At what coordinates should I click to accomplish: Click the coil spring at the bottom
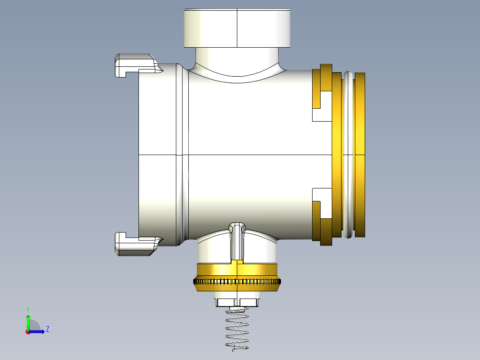(x=237, y=328)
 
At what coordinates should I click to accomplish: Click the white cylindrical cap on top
(x=237, y=28)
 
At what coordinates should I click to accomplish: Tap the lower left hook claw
(x=138, y=244)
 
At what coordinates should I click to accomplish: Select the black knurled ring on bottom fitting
(x=237, y=281)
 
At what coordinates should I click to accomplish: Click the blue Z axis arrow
(x=37, y=331)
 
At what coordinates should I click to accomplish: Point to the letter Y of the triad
(x=28, y=310)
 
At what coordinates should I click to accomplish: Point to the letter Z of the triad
(x=48, y=329)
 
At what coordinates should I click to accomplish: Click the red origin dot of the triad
(x=28, y=332)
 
